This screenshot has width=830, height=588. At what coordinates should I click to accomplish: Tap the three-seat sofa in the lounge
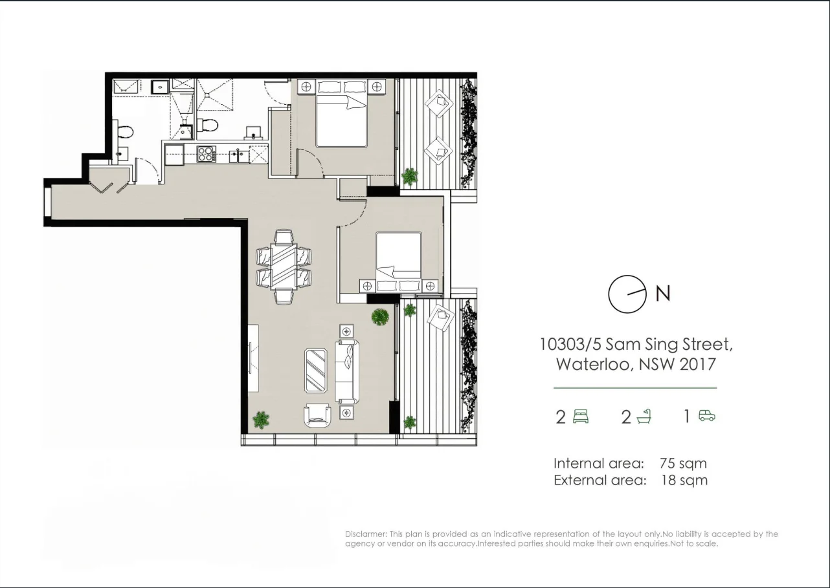click(x=346, y=371)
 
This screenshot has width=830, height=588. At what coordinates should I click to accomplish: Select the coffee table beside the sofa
click(x=316, y=371)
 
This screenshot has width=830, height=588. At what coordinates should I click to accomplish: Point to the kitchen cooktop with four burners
click(x=206, y=155)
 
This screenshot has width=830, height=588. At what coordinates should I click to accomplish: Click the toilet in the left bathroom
click(x=125, y=132)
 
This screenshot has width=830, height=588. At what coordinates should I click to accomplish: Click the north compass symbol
click(x=627, y=294)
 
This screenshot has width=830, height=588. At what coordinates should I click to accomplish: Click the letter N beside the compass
click(x=663, y=294)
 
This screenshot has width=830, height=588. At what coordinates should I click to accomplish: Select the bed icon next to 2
click(x=581, y=416)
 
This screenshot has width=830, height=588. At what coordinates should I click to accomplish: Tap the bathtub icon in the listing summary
click(x=644, y=416)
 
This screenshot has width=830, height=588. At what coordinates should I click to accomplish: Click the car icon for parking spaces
click(x=707, y=416)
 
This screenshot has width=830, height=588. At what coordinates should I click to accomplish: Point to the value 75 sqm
click(x=683, y=463)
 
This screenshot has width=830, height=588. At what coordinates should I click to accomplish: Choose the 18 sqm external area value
click(x=684, y=480)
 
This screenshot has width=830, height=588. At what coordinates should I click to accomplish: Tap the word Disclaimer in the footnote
click(x=366, y=534)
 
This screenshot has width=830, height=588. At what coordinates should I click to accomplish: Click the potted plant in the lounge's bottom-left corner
click(x=261, y=419)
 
